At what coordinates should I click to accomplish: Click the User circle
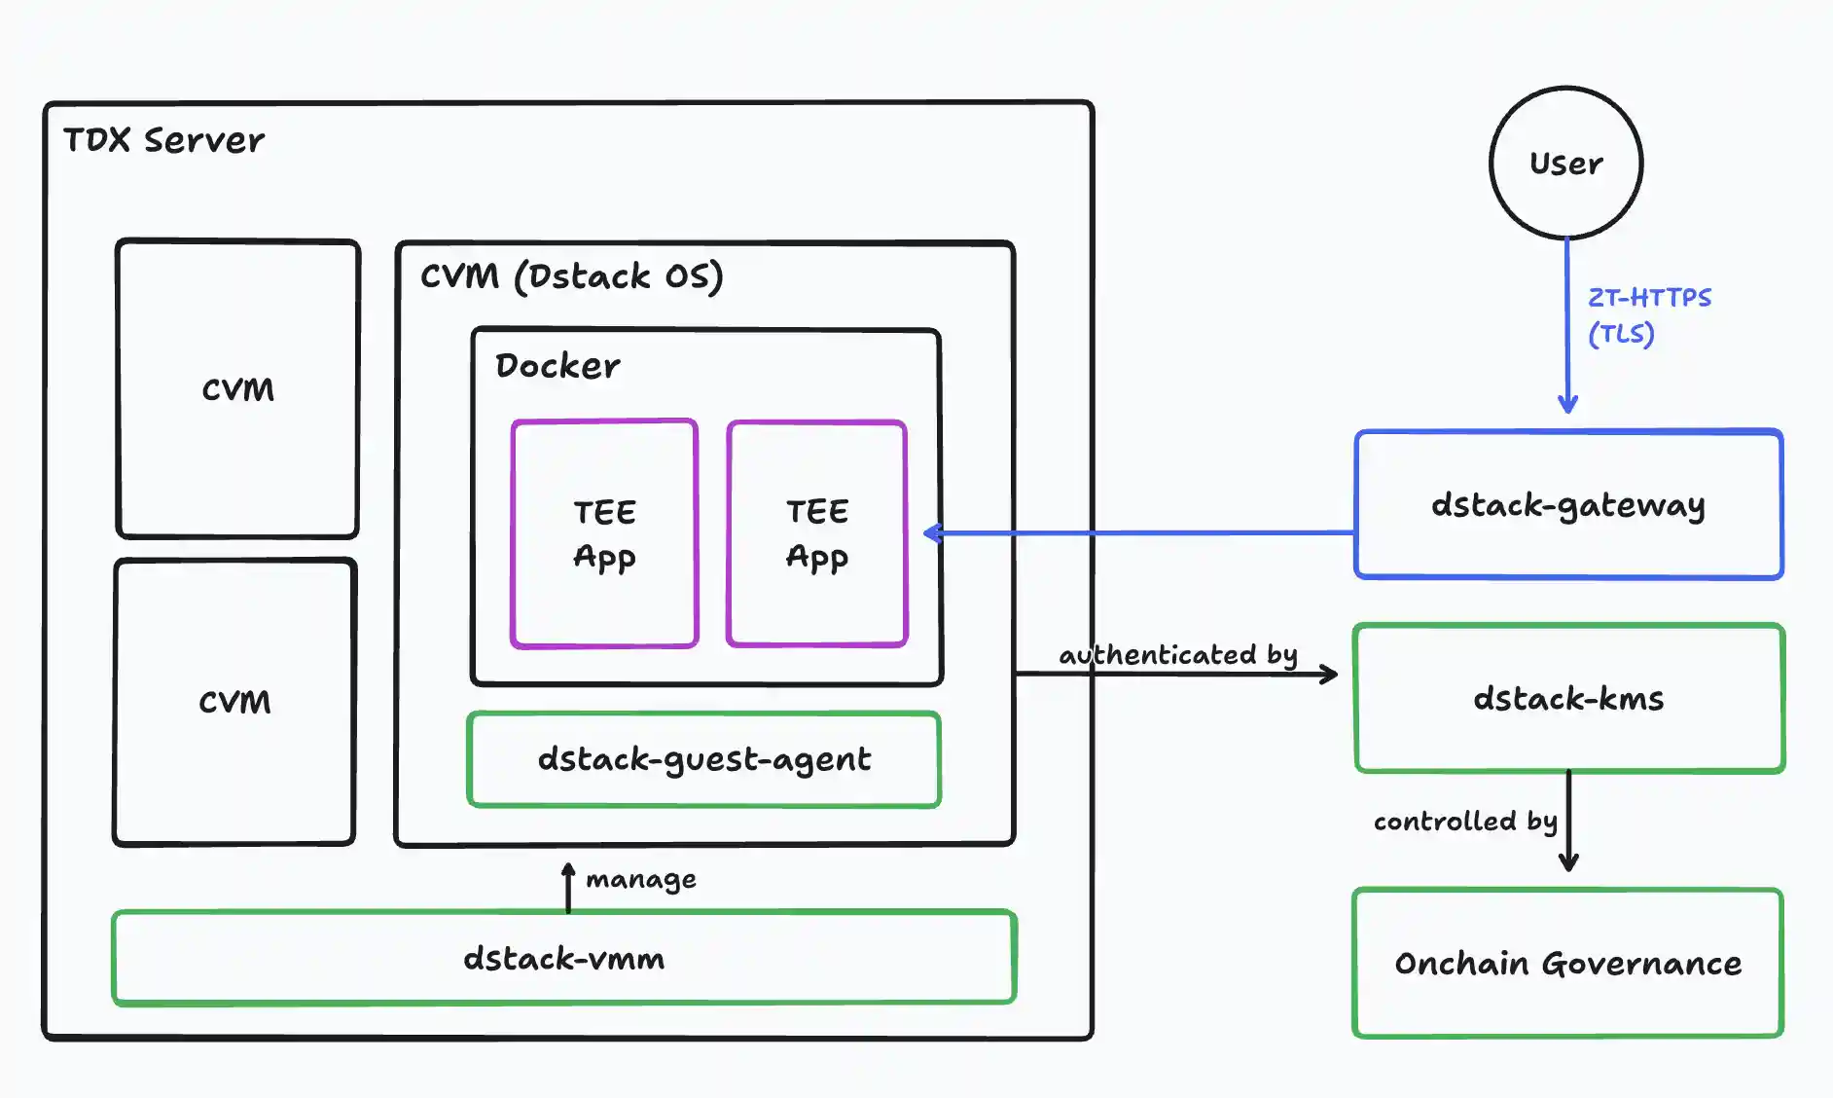(1565, 163)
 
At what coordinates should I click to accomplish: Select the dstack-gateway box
(1567, 505)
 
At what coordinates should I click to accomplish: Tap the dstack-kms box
(1567, 698)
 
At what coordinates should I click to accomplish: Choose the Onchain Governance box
(1567, 963)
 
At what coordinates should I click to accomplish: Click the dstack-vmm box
(563, 958)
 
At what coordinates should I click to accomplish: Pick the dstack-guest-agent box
(703, 759)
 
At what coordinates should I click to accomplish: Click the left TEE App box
(604, 533)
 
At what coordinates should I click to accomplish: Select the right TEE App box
(816, 533)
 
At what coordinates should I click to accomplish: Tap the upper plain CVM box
(237, 388)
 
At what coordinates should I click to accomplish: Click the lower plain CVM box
(234, 701)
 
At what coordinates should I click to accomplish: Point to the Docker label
(557, 366)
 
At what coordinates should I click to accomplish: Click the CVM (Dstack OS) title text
(571, 275)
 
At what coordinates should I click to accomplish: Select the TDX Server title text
(163, 140)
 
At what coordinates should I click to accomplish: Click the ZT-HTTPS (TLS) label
(1648, 315)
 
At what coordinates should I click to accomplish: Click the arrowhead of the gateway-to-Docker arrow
(932, 532)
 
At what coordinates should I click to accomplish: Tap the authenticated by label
(1177, 654)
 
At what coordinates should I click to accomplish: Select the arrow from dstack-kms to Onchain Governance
(1567, 821)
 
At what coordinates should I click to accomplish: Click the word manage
(640, 880)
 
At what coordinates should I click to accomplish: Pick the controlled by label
(1464, 822)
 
